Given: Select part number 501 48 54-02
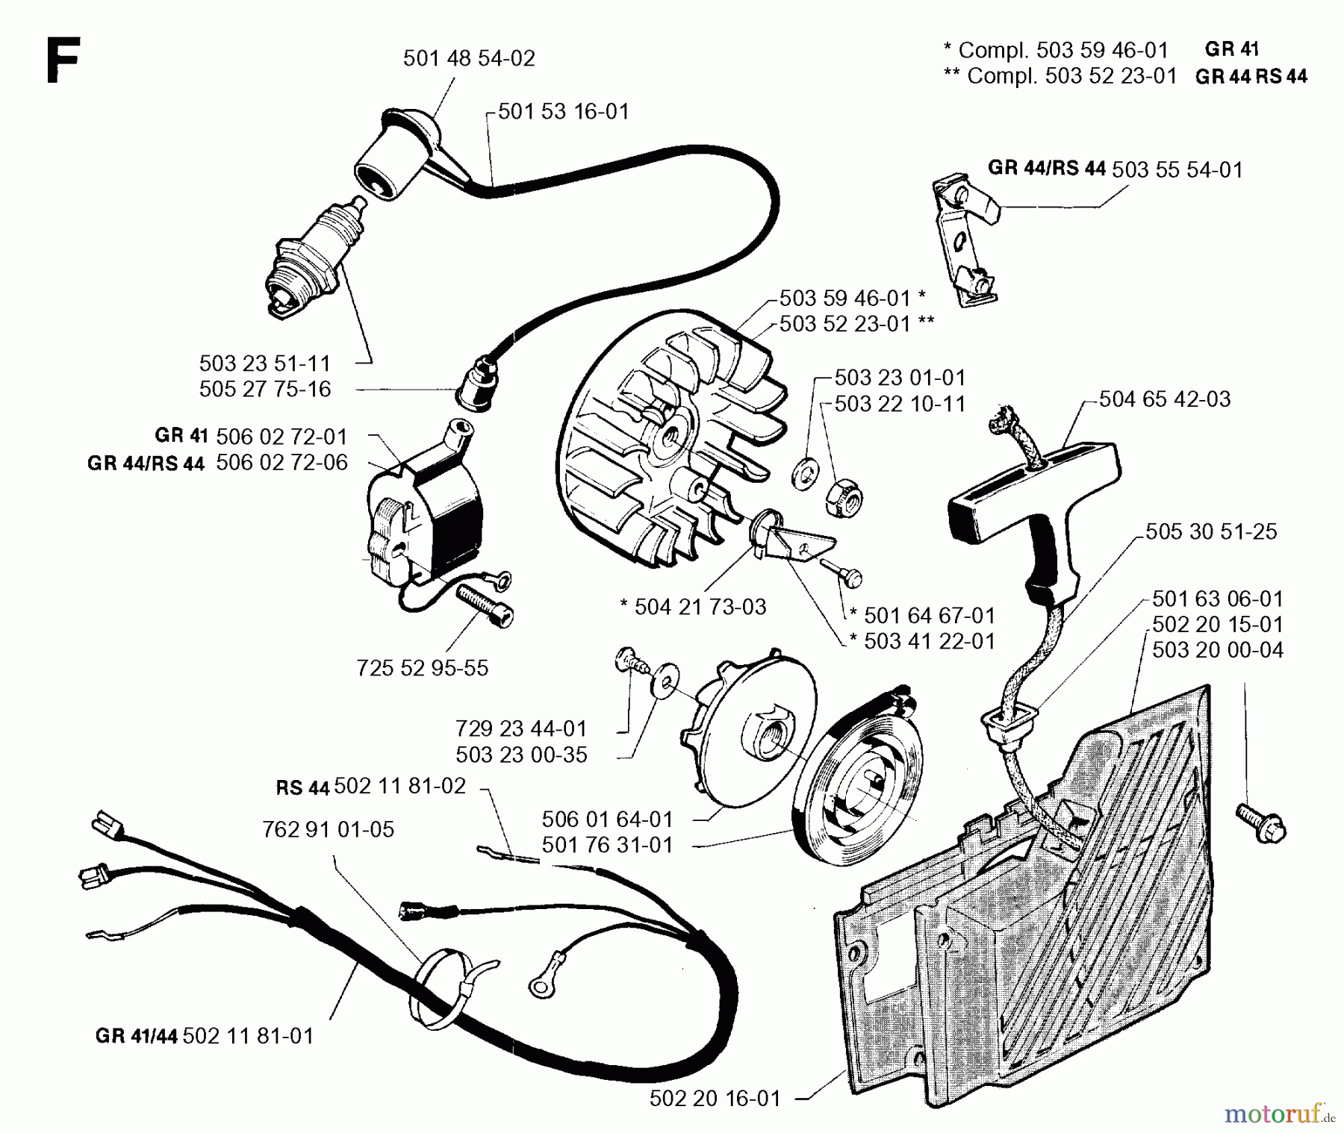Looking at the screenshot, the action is [469, 58].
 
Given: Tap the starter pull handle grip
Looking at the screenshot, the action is [1035, 511].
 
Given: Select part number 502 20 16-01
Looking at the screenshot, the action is [715, 1098].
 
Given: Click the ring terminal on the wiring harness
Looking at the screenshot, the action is [539, 985].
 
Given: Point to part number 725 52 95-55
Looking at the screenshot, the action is [423, 668].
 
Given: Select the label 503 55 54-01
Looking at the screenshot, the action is [1177, 170].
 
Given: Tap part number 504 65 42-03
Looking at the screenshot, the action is [1165, 399].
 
